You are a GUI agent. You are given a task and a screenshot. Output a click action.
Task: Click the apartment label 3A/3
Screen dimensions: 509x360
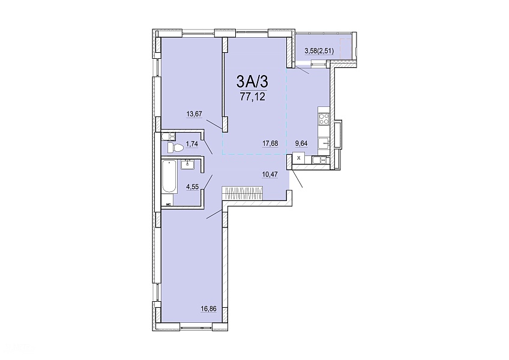[x=252, y=81]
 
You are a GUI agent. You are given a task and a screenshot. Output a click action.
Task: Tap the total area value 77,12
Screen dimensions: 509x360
[x=252, y=97]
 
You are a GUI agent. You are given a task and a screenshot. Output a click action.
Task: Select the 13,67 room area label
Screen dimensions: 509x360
[x=194, y=114]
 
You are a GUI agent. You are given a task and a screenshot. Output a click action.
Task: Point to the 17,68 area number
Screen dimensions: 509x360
[x=270, y=143]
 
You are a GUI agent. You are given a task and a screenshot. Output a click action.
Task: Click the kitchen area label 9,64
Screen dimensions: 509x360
[x=301, y=143]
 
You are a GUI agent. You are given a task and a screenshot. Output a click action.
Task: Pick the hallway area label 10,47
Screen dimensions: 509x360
[x=270, y=175]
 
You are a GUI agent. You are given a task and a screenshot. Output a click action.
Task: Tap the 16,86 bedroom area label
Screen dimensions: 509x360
[x=208, y=310]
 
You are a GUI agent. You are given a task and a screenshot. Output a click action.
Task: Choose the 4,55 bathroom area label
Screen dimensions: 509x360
[x=192, y=187]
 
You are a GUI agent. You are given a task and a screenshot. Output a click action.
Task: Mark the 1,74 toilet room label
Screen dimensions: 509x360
[x=191, y=143]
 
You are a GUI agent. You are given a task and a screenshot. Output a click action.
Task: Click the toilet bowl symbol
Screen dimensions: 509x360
[x=175, y=148]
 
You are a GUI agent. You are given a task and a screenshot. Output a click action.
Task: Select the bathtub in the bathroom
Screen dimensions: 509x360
[x=169, y=176]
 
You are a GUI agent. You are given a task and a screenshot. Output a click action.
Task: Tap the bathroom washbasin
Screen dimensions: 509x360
[x=187, y=164]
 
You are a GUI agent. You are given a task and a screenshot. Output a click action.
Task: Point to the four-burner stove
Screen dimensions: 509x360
[x=324, y=119]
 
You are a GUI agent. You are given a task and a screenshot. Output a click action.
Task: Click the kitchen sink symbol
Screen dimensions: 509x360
[x=324, y=143]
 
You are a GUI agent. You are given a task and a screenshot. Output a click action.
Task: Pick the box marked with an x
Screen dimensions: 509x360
[x=299, y=158]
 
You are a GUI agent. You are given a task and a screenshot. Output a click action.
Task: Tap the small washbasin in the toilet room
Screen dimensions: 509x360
[x=169, y=136]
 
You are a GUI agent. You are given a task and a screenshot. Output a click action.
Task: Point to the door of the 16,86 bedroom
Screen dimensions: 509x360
[x=214, y=214]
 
